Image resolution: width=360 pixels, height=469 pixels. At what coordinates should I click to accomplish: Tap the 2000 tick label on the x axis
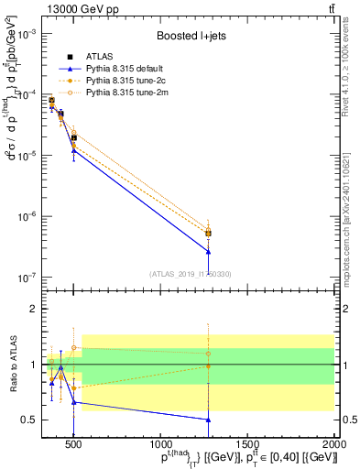pos(334,445)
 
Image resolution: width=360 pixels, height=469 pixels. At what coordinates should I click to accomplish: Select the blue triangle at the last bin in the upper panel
pos(209,252)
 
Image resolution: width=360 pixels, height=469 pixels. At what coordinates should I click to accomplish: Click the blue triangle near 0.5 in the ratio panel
pos(209,420)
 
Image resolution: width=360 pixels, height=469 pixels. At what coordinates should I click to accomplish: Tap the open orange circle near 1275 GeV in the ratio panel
pos(209,354)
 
